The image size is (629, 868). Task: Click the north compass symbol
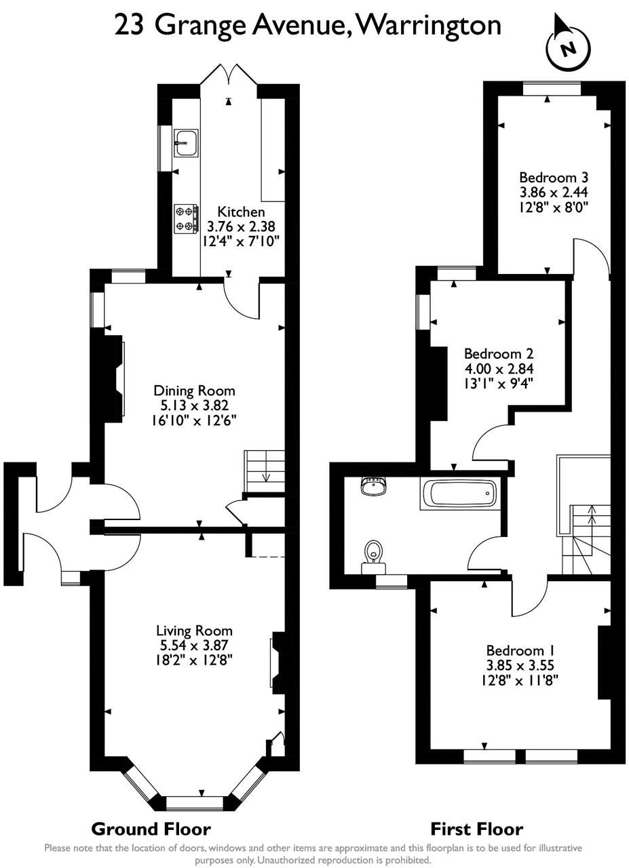568,46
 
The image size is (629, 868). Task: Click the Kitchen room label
242,212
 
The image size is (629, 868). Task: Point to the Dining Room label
194,391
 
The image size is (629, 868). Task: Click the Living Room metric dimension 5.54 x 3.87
194,646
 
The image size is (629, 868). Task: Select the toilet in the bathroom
373,551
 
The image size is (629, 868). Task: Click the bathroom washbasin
374,486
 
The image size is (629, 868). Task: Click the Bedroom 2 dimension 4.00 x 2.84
499,369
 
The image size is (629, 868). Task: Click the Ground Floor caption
151,829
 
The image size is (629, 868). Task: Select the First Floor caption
477,829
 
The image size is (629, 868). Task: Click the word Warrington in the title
428,25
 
